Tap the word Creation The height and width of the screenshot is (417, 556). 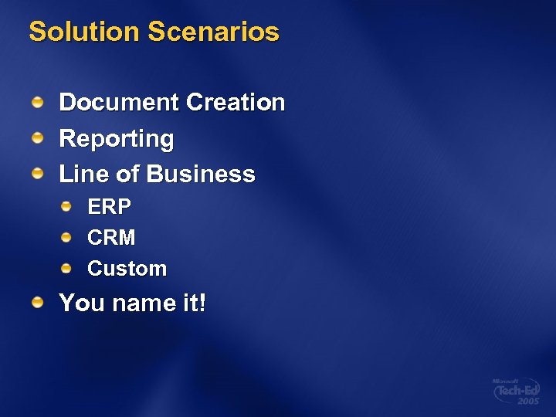236,103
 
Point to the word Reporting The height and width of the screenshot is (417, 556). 117,139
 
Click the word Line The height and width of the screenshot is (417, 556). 84,175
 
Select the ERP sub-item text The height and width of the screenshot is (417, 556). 109,207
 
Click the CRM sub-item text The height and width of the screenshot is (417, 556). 111,238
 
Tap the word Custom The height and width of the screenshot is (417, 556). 127,269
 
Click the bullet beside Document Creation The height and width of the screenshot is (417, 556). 38,102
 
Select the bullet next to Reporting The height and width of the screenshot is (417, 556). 38,138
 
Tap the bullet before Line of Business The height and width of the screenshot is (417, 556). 38,174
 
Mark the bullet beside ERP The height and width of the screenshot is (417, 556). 67,206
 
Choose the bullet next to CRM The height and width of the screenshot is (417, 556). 67,237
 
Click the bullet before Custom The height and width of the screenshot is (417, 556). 67,268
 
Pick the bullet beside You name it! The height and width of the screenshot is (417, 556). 38,302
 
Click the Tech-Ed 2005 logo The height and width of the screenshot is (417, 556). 516,392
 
